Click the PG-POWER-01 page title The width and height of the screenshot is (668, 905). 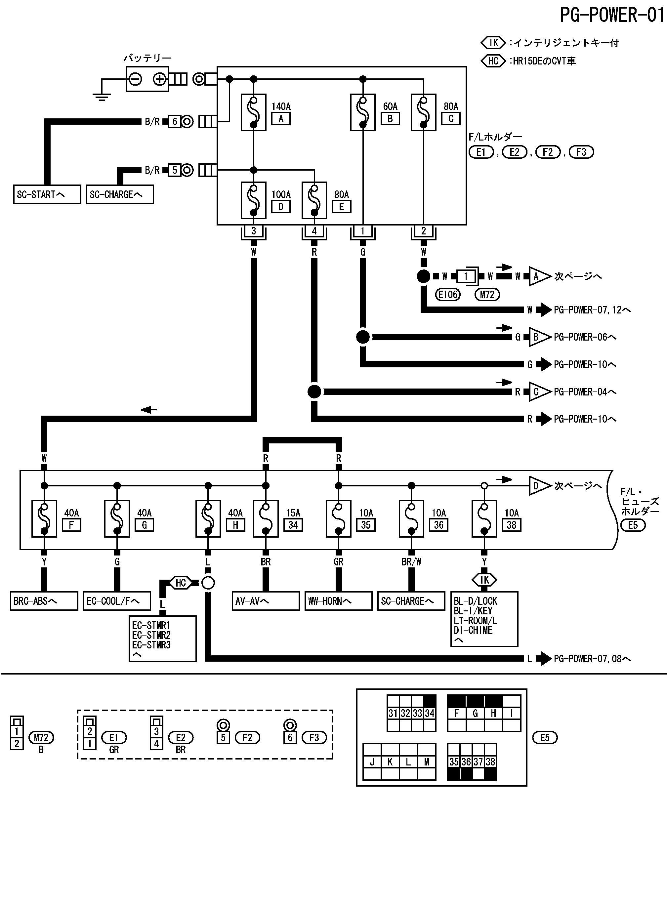pyautogui.click(x=612, y=15)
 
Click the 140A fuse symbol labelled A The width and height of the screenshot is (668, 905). pyautogui.click(x=254, y=112)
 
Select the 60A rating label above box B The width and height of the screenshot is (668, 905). pyautogui.click(x=390, y=106)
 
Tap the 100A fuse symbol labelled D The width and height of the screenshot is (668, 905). pyautogui.click(x=254, y=200)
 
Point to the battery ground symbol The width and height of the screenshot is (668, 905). pyautogui.click(x=102, y=96)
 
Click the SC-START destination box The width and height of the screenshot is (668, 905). pyautogui.click(x=47, y=194)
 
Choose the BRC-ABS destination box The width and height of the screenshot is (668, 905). pyautogui.click(x=44, y=601)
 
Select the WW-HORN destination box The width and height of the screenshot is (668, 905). pyautogui.click(x=338, y=601)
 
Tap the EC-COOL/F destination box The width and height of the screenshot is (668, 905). pyautogui.click(x=117, y=601)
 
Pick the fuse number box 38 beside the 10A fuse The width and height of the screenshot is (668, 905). pyautogui.click(x=512, y=525)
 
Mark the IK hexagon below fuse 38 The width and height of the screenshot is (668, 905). pyautogui.click(x=484, y=580)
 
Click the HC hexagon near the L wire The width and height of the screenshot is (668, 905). pyautogui.click(x=180, y=583)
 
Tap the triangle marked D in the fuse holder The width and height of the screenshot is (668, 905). pyautogui.click(x=538, y=485)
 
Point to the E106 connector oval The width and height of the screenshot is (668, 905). pyautogui.click(x=448, y=295)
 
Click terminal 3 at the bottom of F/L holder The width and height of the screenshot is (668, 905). pyautogui.click(x=254, y=231)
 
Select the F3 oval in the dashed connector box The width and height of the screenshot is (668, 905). pyautogui.click(x=314, y=738)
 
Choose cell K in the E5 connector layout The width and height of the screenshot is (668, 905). pyautogui.click(x=390, y=762)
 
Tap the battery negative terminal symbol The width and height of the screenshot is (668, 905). pyautogui.click(x=136, y=79)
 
